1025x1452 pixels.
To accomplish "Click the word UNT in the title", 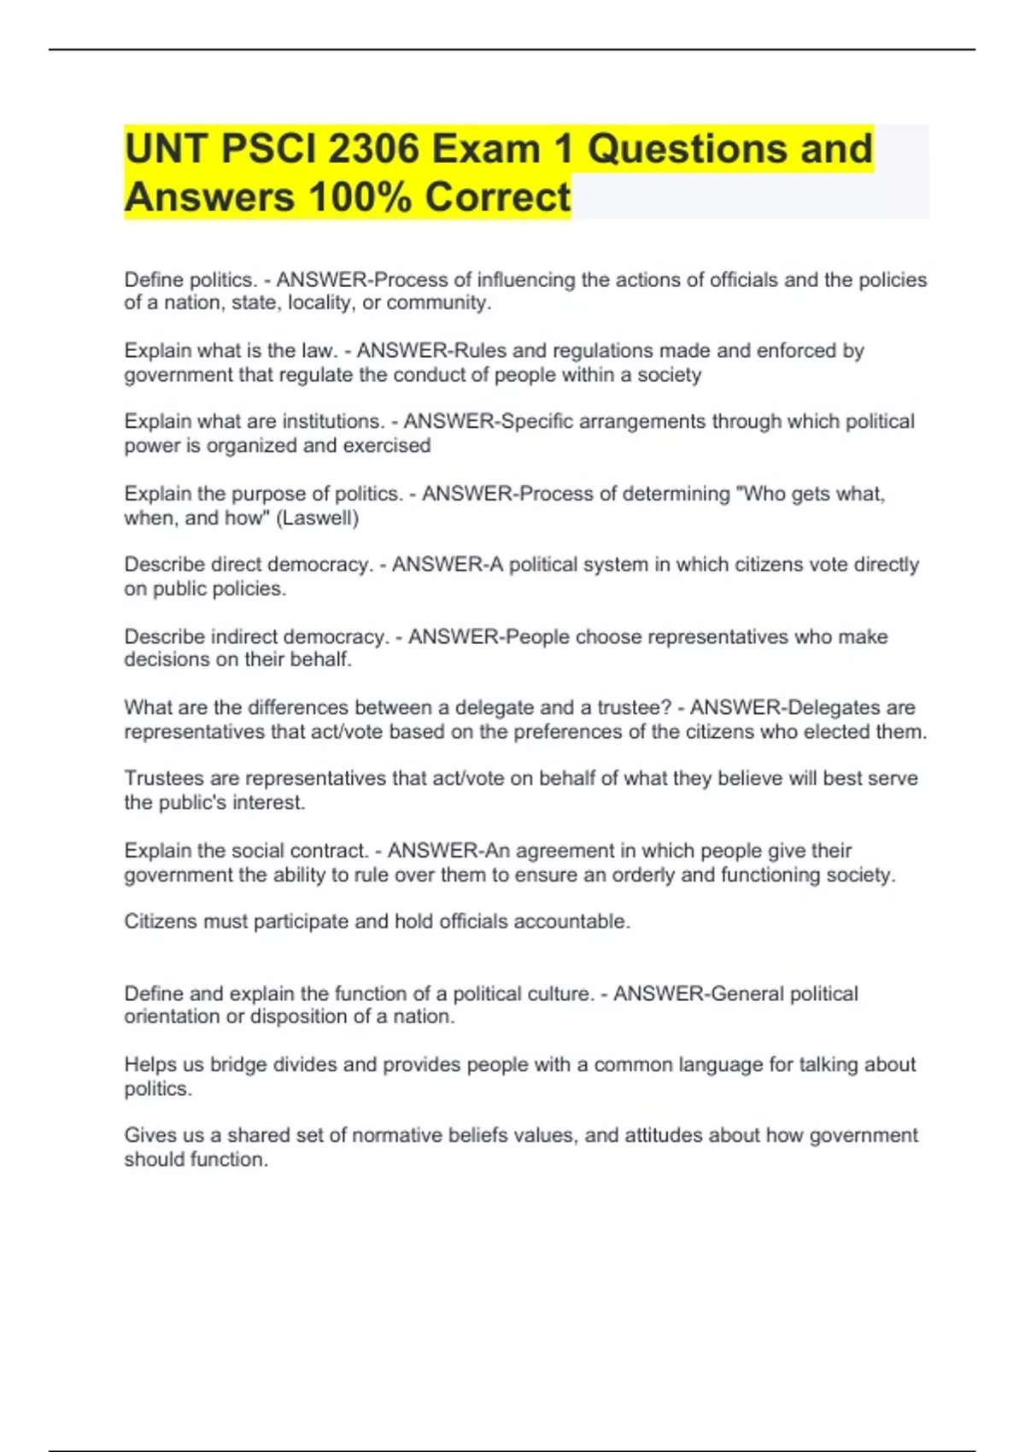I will [167, 149].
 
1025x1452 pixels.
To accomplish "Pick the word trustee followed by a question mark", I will [630, 707].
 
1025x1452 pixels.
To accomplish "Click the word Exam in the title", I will [485, 149].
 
